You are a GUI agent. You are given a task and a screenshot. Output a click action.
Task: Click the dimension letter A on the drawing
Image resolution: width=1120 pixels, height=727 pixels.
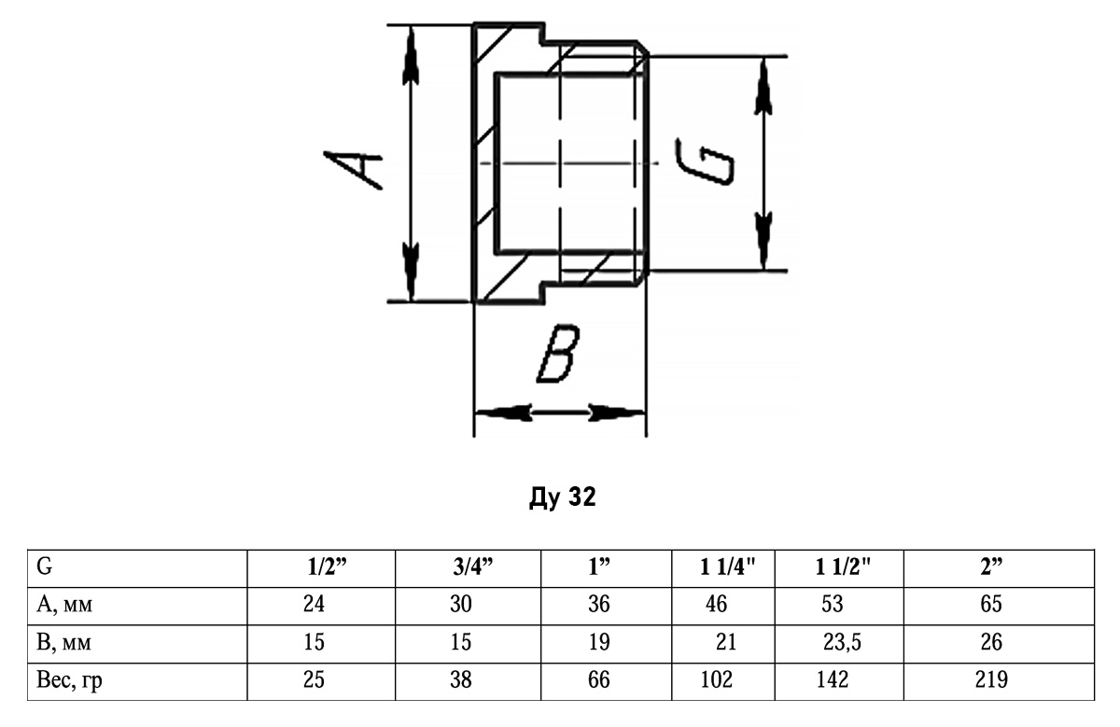pyautogui.click(x=353, y=170)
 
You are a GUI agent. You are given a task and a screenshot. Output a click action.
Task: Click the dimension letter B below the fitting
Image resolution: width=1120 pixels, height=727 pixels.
pyautogui.click(x=557, y=354)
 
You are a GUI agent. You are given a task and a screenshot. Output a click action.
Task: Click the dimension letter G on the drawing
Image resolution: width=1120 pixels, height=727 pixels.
pyautogui.click(x=705, y=162)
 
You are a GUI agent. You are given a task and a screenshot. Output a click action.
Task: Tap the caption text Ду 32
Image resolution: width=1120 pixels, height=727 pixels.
pyautogui.click(x=563, y=497)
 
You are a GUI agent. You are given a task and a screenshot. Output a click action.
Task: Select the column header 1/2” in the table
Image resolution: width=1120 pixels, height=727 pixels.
pyautogui.click(x=327, y=567)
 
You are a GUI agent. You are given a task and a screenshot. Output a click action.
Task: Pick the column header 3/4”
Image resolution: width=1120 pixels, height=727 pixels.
pyautogui.click(x=473, y=567)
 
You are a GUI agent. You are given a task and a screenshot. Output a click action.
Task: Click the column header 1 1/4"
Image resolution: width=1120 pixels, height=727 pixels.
pyautogui.click(x=727, y=567)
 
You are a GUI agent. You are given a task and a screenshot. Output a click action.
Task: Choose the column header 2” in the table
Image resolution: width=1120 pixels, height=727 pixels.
pyautogui.click(x=991, y=567)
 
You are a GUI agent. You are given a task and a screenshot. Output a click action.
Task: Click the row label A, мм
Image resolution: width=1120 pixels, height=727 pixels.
pyautogui.click(x=64, y=605)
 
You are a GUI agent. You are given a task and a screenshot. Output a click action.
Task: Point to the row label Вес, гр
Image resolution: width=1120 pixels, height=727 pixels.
pyautogui.click(x=69, y=681)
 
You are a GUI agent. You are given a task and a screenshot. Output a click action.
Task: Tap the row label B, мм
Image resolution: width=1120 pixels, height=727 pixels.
pyautogui.click(x=63, y=642)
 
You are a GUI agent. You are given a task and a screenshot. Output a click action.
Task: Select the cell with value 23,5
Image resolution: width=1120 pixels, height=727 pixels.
pyautogui.click(x=842, y=642)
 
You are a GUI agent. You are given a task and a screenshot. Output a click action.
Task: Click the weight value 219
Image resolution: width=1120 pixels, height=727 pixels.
pyautogui.click(x=991, y=680)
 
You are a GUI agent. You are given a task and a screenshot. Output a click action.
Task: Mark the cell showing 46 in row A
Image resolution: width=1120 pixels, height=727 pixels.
pyautogui.click(x=717, y=605)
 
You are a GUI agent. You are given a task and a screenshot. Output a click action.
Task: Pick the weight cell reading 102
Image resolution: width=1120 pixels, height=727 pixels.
pyautogui.click(x=717, y=680)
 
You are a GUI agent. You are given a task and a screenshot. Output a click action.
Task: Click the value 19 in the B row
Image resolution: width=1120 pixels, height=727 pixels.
pyautogui.click(x=599, y=642)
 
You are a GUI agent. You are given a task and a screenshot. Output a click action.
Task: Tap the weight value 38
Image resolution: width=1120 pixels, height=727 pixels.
pyautogui.click(x=460, y=680)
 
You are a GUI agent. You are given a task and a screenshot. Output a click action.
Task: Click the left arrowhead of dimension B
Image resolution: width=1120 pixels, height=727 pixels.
pyautogui.click(x=503, y=413)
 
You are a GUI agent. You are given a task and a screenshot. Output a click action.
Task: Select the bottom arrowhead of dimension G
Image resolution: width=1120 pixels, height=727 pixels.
pyautogui.click(x=763, y=241)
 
